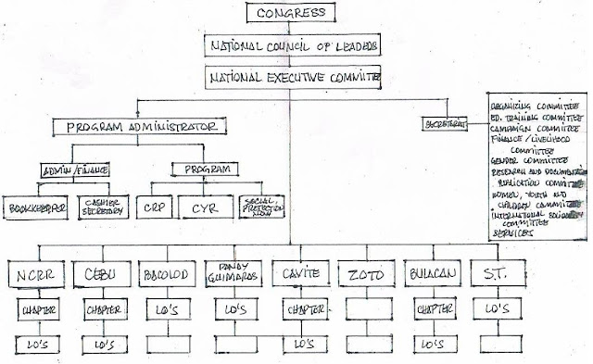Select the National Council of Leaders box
[290, 45]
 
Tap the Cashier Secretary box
[101, 207]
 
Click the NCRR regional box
[36, 275]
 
